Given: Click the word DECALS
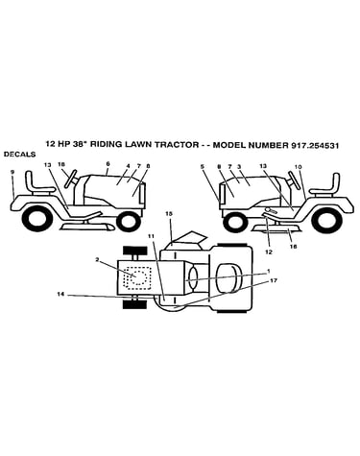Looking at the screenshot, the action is coord(19,155).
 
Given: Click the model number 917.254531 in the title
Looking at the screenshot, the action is coord(315,145).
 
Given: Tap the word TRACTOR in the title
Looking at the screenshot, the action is coord(177,145).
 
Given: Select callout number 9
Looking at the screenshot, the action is coord(12,172).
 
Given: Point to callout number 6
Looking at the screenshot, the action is coord(108,163).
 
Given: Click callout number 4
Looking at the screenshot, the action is coord(128,166).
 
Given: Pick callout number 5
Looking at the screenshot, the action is coord(203,166).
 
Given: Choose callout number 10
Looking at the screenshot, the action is coord(299,167).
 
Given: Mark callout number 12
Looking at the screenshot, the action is coord(269,252).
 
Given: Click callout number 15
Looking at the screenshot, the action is coord(169,215).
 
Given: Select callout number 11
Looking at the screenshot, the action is coord(151,236).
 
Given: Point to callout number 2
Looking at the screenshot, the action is coord(97,259).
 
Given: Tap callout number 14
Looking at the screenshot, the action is coord(60,295).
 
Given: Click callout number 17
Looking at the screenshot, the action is coord(273,280).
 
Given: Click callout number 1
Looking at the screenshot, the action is coord(269,271).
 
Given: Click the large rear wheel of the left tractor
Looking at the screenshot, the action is coord(37,219).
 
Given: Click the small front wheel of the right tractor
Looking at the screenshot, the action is coord(236,222).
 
